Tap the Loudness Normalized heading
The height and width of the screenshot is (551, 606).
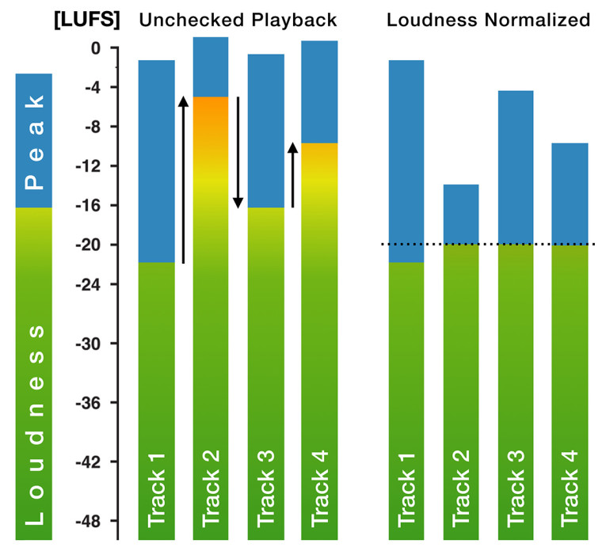488,20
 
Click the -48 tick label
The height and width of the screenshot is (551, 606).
96,520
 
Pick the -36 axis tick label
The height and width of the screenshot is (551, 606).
96,402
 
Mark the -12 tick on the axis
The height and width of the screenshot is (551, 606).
96,166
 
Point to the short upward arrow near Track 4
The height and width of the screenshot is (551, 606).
292,175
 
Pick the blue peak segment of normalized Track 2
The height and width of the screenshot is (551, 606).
461,215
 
